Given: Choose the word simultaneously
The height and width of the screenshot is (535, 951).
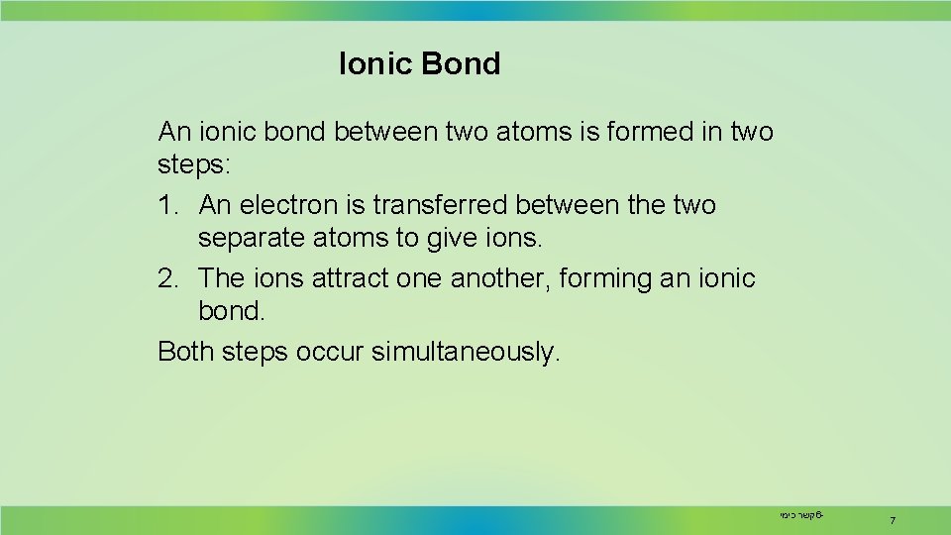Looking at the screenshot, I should (466, 351).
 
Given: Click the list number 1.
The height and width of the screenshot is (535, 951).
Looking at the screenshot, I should (166, 205).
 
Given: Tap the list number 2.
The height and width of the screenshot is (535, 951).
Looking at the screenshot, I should (166, 278).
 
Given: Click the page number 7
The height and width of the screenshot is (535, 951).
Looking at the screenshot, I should (893, 521).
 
